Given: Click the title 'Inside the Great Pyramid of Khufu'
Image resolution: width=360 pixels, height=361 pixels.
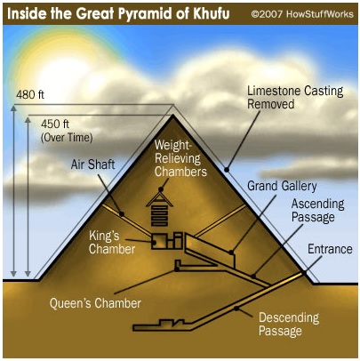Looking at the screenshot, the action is point(118,13).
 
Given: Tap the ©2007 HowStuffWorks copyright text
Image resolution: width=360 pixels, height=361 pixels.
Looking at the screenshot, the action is point(302,14).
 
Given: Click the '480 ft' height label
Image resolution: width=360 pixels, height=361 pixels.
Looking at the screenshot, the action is point(30,95).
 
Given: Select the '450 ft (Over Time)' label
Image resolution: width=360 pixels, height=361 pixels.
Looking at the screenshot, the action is point(67,131).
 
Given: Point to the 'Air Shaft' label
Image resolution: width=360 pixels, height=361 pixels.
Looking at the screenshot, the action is point(92,164).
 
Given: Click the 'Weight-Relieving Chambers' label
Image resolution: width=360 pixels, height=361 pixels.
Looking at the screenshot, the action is point(180,158).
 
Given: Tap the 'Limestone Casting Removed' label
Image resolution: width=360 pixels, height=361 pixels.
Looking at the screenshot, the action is point(295,98).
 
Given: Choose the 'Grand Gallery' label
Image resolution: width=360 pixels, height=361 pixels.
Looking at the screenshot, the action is point(282,186).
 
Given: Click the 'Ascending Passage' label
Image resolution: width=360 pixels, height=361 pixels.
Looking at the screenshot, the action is point(318,211).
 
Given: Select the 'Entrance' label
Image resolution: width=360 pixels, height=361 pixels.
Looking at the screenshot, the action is point(330,249).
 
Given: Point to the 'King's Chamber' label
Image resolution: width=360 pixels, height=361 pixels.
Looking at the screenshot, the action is point(112,243).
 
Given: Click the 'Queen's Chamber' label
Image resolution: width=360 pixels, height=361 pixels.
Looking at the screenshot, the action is point(95,303).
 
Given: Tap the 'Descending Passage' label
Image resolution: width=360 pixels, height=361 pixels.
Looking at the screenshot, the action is point(289,324).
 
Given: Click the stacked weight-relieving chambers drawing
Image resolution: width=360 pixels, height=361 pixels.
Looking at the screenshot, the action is point(159,210).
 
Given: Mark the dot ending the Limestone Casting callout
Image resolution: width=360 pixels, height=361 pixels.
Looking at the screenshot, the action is point(227,170).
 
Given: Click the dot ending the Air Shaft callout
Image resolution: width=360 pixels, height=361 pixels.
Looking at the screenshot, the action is point(122,214).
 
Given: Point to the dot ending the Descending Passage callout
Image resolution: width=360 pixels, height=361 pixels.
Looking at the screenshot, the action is point(236,309).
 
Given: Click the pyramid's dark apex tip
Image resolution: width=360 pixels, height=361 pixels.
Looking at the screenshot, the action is point(172,116).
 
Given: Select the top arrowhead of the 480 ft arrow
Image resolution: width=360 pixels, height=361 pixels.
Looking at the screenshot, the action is point(13,108).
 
